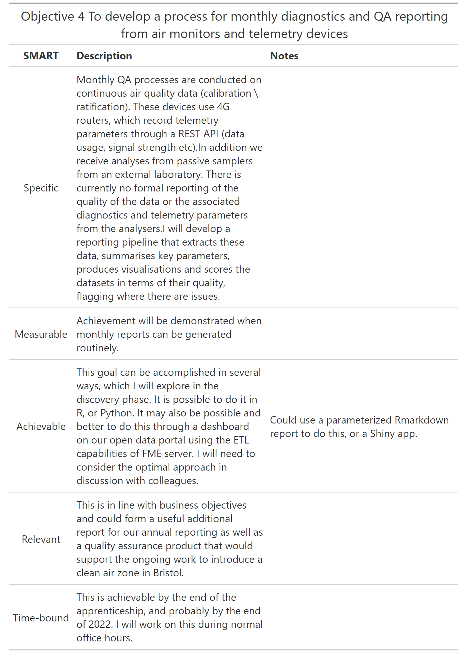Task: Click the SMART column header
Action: click(41, 56)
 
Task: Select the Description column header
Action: click(104, 56)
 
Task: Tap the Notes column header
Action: click(284, 56)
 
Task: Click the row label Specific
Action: click(41, 188)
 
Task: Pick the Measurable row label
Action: click(41, 334)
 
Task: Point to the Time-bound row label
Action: click(41, 618)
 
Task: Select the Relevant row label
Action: click(41, 539)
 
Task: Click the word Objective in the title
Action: click(47, 16)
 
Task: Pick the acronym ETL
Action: click(241, 440)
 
